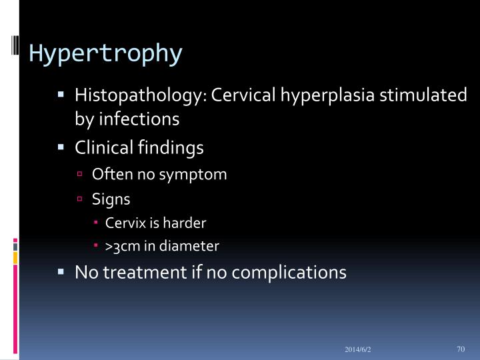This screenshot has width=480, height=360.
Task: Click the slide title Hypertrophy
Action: click(105, 53)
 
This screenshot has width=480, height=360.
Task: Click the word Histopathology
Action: click(141, 95)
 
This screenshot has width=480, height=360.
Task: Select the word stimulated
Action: click(423, 95)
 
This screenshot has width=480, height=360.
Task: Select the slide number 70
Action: click(460, 348)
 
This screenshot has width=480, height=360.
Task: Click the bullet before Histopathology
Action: click(61, 95)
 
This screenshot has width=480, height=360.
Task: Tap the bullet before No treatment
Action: click(61, 271)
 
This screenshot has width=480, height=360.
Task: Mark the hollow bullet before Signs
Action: click(79, 199)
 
